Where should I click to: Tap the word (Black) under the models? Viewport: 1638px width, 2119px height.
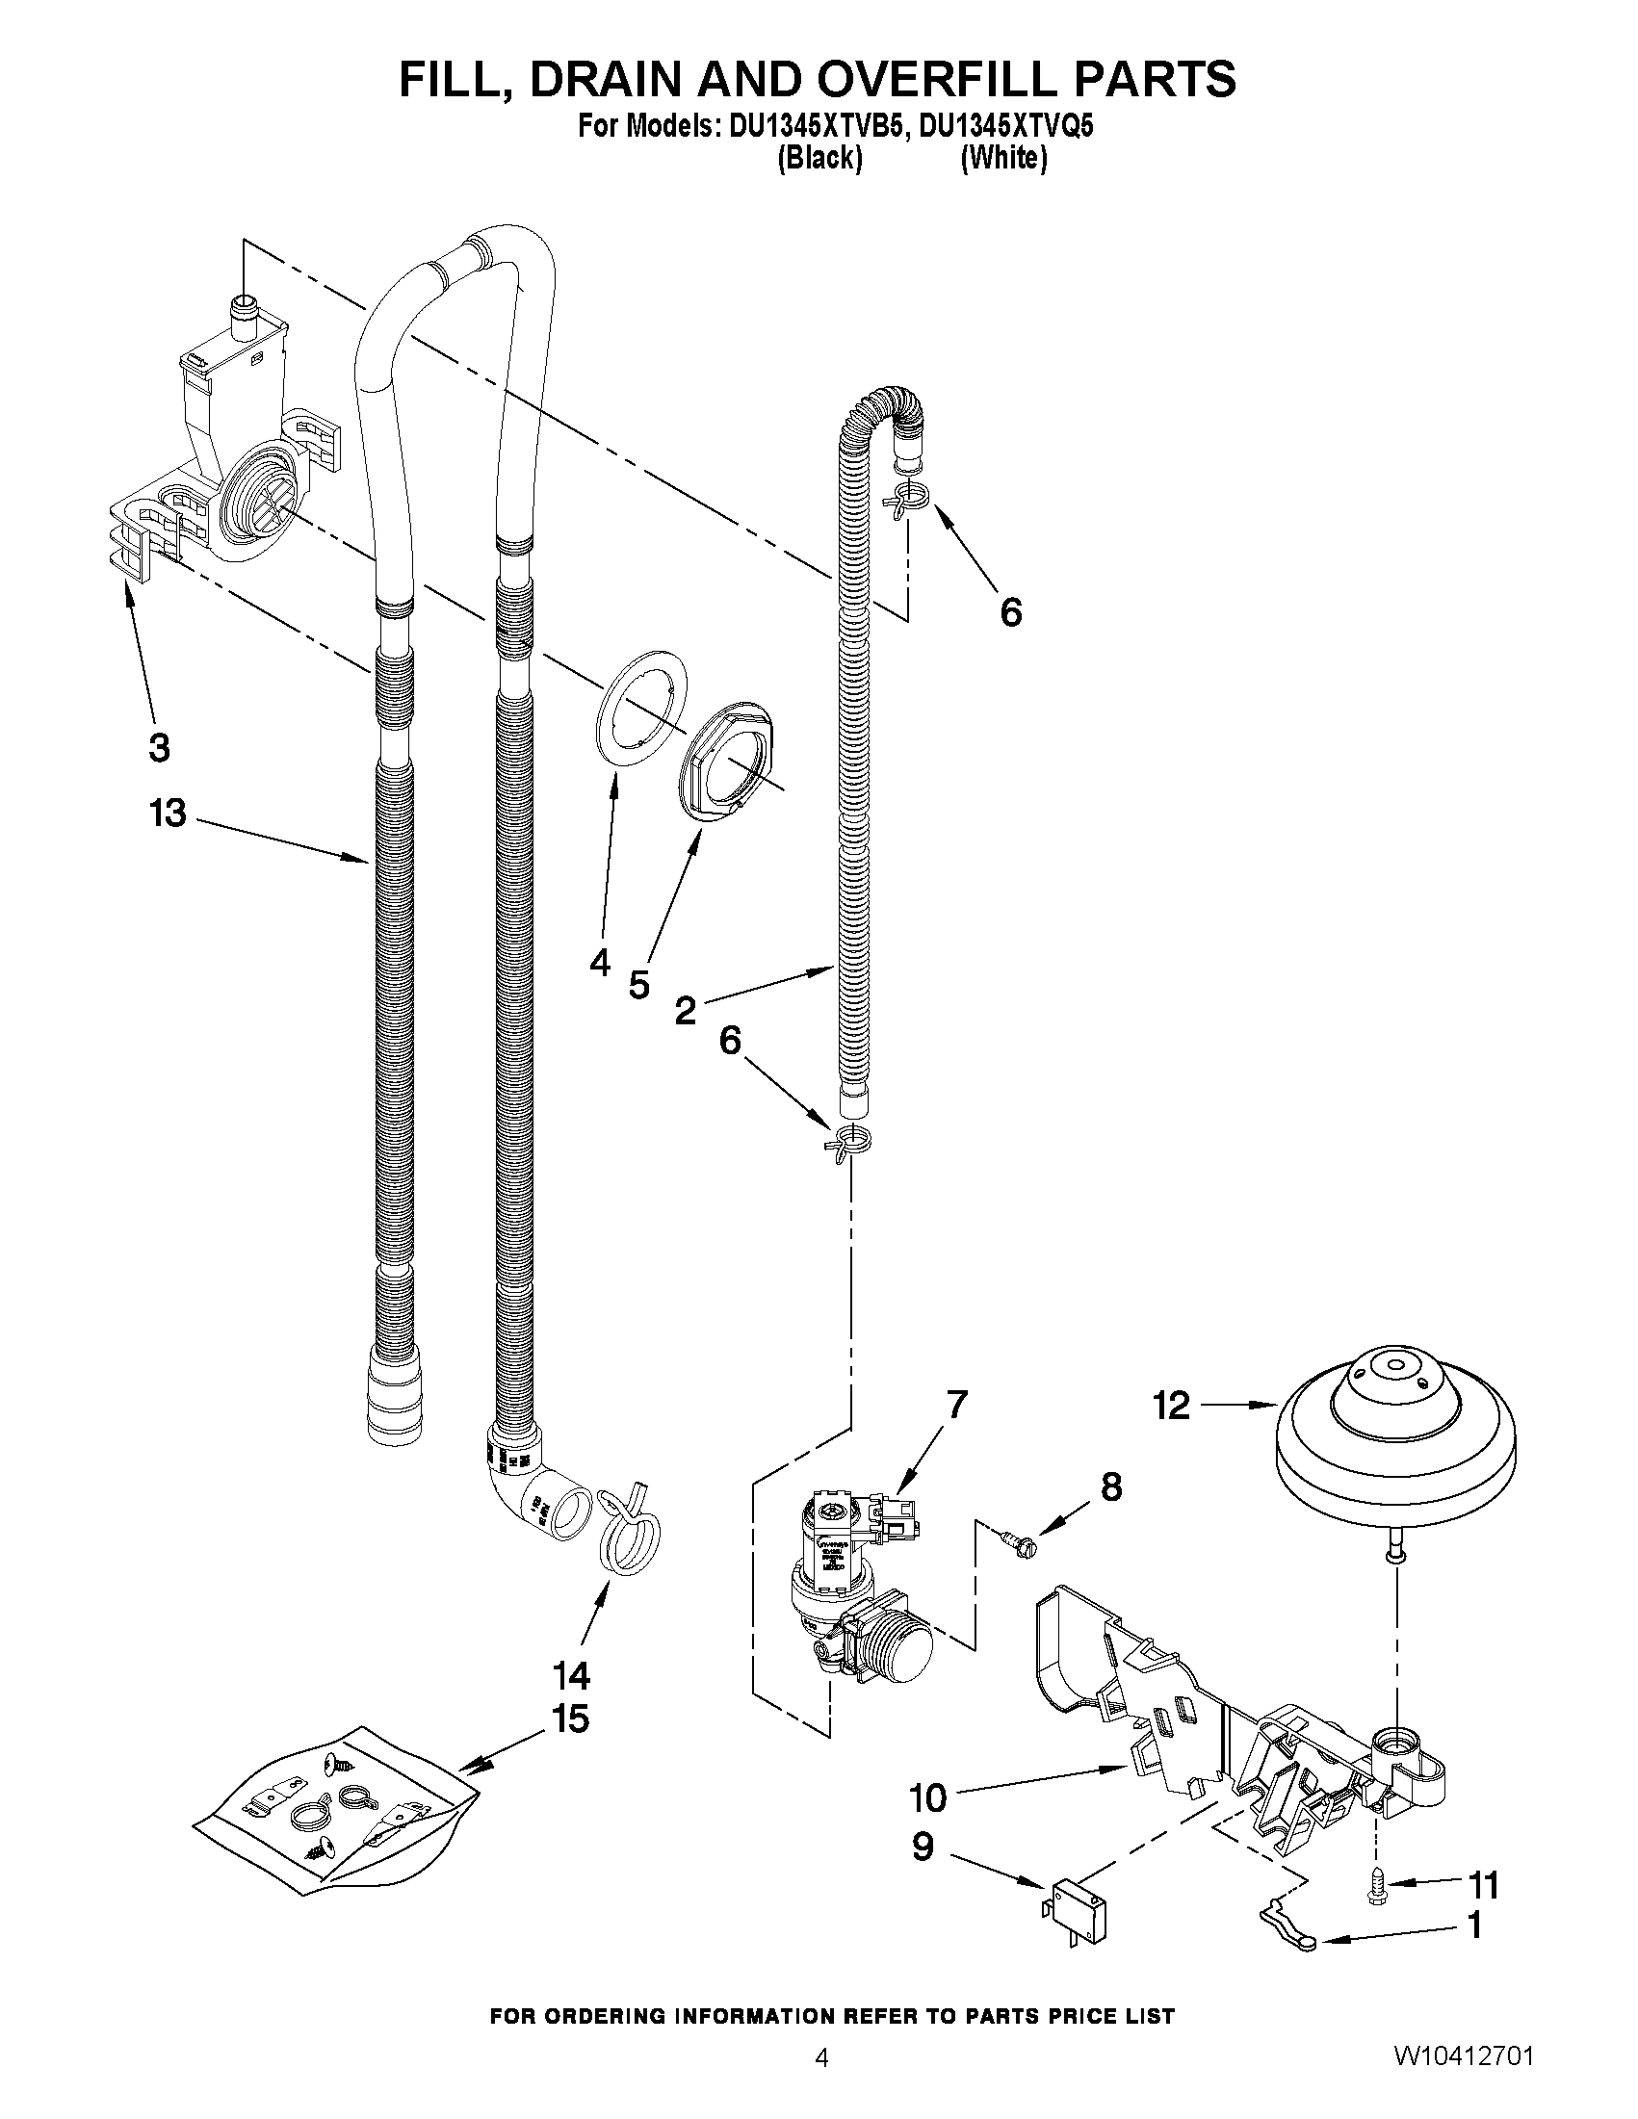[820, 158]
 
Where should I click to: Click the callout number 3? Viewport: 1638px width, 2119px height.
[159, 748]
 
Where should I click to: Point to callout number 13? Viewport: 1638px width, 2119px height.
[168, 814]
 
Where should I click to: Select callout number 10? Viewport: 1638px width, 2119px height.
[926, 1797]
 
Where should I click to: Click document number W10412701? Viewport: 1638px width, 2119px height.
[1465, 2080]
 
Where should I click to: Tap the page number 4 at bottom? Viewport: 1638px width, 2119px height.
[821, 2080]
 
